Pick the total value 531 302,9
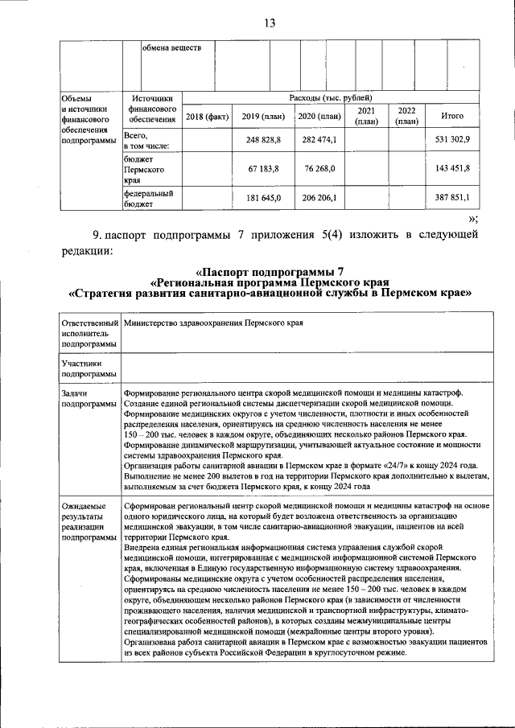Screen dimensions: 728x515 point(452,141)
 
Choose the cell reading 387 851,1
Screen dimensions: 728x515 point(452,197)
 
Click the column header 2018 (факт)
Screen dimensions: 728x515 point(207,117)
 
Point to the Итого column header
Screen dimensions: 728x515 point(452,117)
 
